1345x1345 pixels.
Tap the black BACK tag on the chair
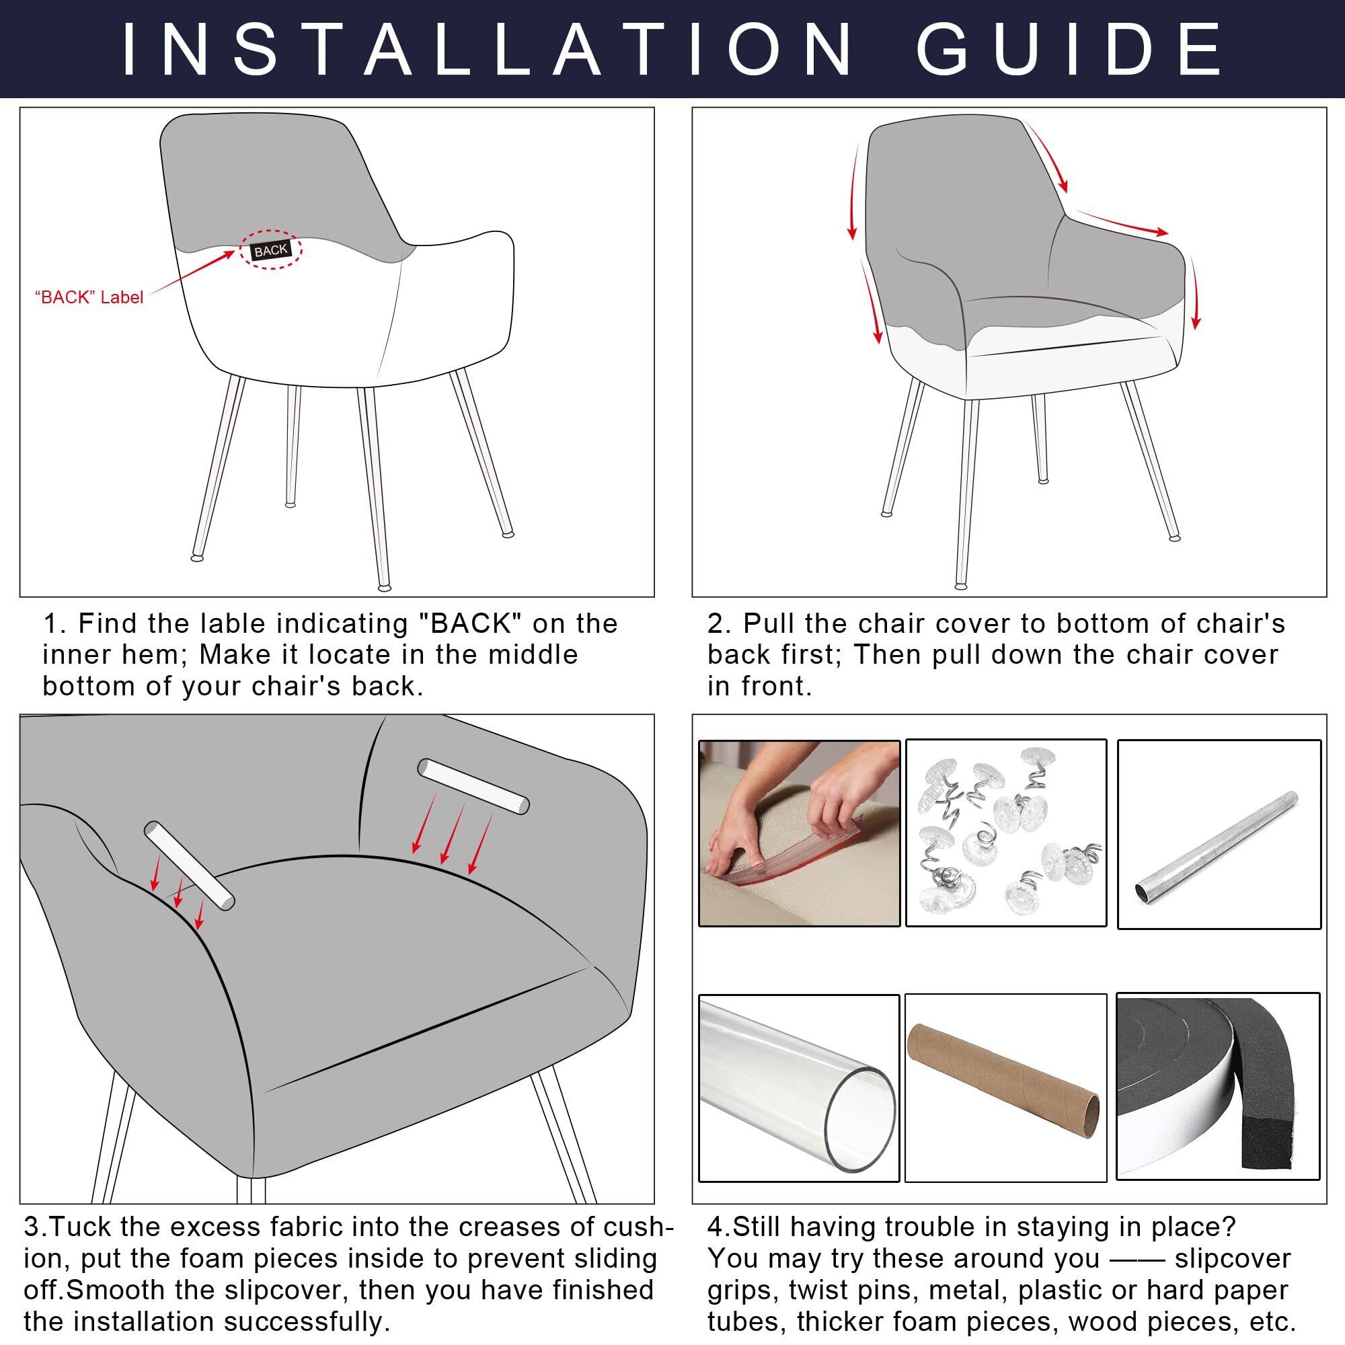[x=271, y=252]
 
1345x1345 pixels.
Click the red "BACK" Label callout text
[x=89, y=297]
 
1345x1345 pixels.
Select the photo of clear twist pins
[x=1006, y=833]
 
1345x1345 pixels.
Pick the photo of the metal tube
[x=1219, y=834]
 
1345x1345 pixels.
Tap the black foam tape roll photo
[x=1219, y=1086]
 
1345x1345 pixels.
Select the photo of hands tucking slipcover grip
[x=799, y=833]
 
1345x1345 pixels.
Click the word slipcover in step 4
[x=1232, y=1259]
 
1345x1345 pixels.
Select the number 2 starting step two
[x=716, y=625]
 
